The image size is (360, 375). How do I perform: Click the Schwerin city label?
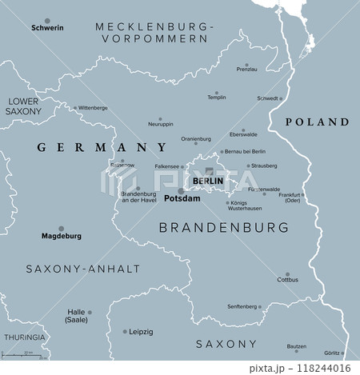coord(46,28)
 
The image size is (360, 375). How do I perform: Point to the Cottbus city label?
coord(287,280)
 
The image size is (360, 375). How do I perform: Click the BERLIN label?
coord(207,182)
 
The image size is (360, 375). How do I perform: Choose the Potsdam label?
coord(182,198)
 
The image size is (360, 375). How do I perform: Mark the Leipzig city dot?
coord(125,331)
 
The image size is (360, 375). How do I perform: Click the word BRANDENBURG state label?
coord(224,228)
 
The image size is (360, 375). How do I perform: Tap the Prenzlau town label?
coord(247,70)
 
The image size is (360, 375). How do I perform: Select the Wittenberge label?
coord(93,107)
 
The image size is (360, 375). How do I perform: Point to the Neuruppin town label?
coord(161,124)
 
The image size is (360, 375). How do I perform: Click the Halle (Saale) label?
coord(77,317)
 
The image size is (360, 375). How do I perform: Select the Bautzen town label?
coord(296,347)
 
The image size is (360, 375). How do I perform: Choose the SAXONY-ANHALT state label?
coord(82,269)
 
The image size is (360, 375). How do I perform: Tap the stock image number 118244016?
coord(320,368)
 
